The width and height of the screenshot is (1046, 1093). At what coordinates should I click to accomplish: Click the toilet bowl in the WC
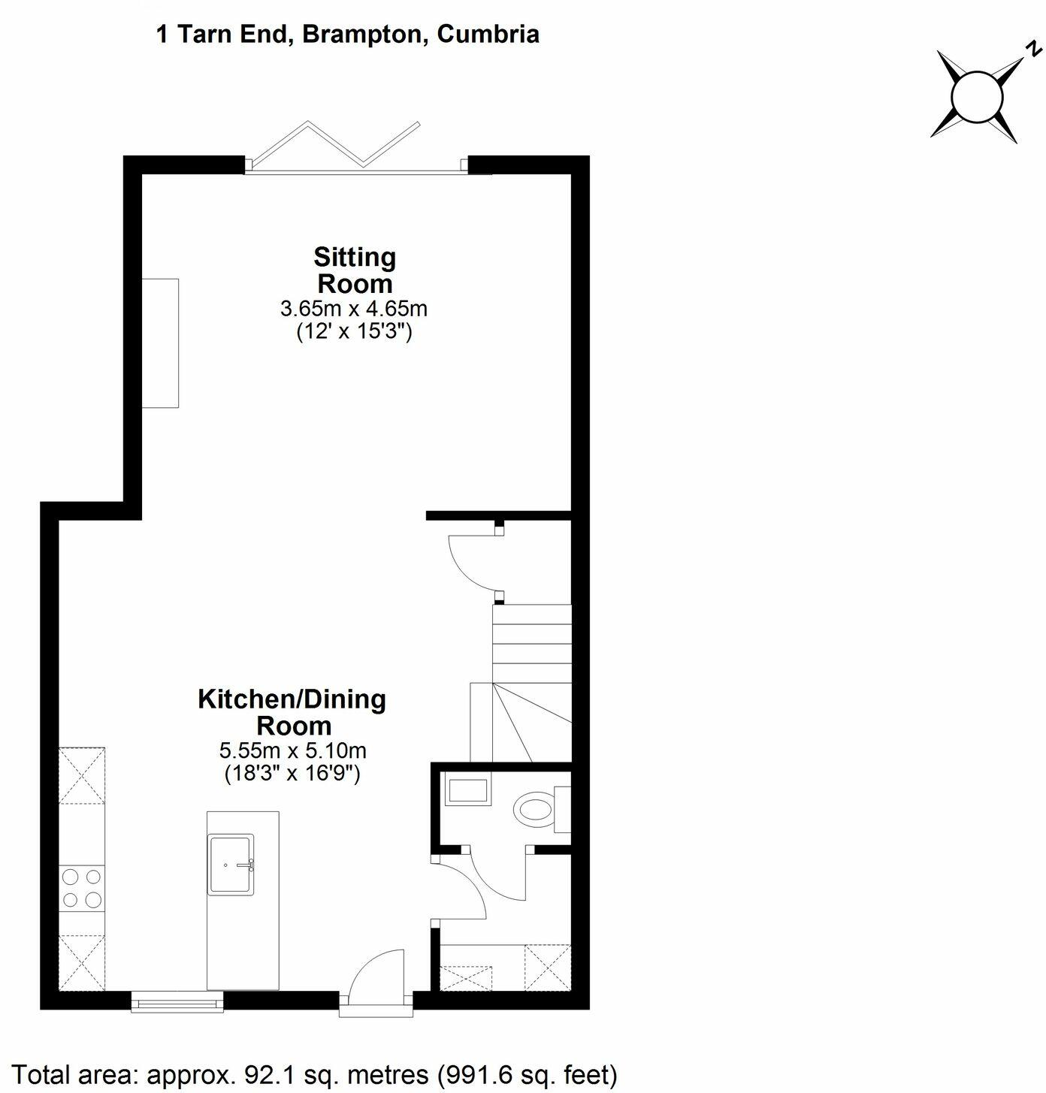point(534,810)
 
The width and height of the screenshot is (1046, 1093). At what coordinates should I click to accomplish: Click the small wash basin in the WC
point(467,792)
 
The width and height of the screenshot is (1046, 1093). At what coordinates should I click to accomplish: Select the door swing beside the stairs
point(472,562)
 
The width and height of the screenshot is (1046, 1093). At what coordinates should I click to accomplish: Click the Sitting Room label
point(355,270)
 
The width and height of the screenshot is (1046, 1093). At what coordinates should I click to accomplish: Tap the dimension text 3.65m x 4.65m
point(354,308)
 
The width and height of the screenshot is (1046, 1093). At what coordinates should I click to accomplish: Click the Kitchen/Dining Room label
point(292,712)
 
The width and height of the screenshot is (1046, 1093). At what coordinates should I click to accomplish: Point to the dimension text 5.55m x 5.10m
point(292,750)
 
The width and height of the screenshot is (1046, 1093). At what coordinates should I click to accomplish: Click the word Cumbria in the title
point(488,35)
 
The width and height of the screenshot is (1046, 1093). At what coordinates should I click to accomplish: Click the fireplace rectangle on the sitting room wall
point(161,343)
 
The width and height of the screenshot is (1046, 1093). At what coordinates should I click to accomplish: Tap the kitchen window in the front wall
point(177,1001)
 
